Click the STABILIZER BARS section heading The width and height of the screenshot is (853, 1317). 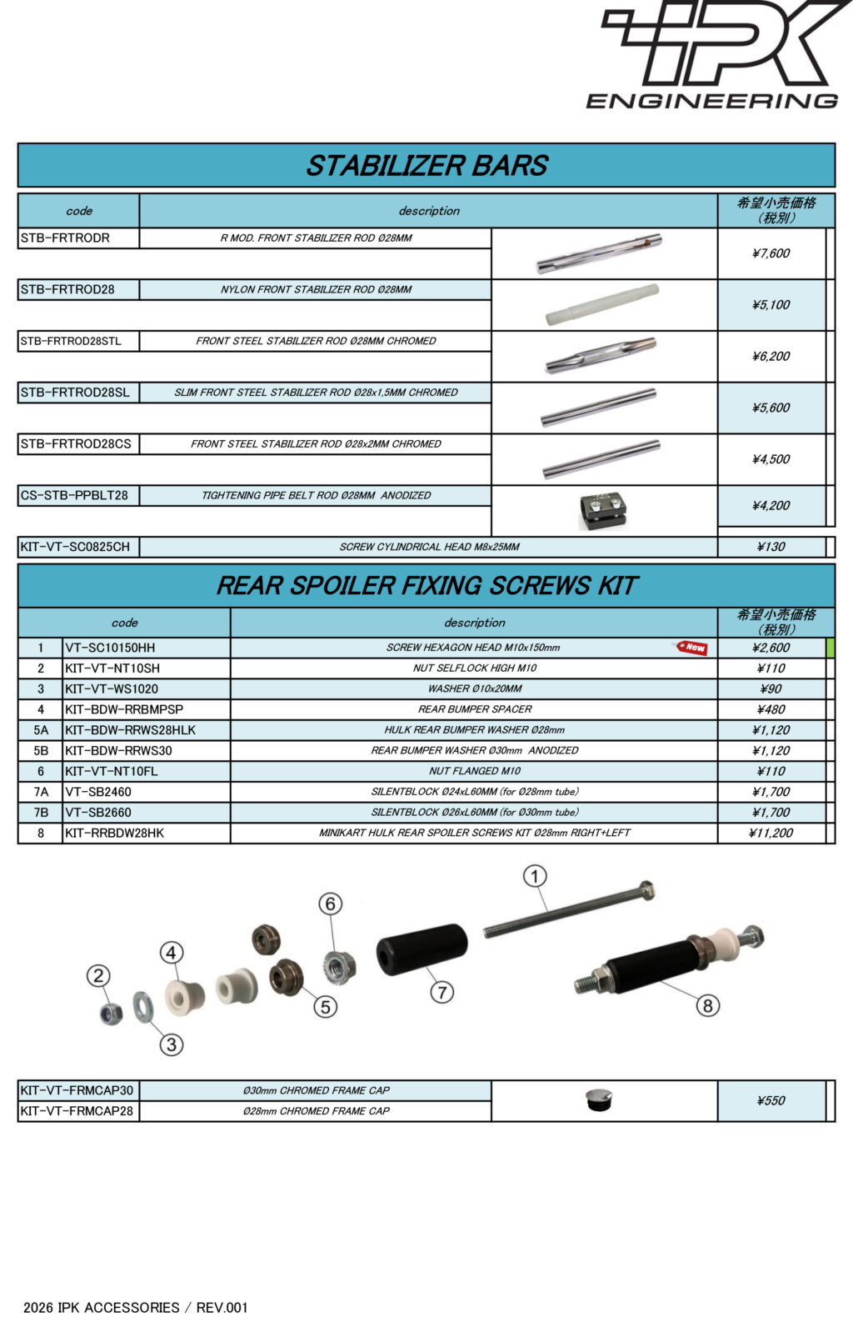pyautogui.click(x=426, y=166)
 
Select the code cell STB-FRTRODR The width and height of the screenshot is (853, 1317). pyautogui.click(x=65, y=238)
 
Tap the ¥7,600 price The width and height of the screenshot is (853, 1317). pyautogui.click(x=771, y=253)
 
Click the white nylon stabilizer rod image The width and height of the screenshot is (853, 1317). pyautogui.click(x=601, y=304)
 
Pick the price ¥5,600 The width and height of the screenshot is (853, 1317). pyautogui.click(x=771, y=408)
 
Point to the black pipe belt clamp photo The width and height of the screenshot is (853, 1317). pyautogui.click(x=601, y=509)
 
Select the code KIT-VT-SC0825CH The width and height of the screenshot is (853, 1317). pyautogui.click(x=75, y=548)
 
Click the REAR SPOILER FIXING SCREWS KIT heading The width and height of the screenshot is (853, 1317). pyautogui.click(x=426, y=586)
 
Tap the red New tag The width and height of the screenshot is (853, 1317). pyautogui.click(x=692, y=648)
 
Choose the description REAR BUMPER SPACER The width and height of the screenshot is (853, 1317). pyautogui.click(x=475, y=709)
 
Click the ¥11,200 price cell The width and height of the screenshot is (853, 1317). pyautogui.click(x=771, y=833)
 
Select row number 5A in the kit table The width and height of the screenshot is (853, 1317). pyautogui.click(x=41, y=730)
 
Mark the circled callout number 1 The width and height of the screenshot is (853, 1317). pyautogui.click(x=535, y=876)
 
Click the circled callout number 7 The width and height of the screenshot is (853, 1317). pyautogui.click(x=442, y=992)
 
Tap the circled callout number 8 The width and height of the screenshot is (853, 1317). pyautogui.click(x=707, y=1005)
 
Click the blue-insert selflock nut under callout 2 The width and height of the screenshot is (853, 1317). pyautogui.click(x=111, y=1014)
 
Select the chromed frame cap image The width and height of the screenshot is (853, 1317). pyautogui.click(x=598, y=1099)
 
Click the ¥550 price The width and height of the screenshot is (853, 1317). pyautogui.click(x=771, y=1101)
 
